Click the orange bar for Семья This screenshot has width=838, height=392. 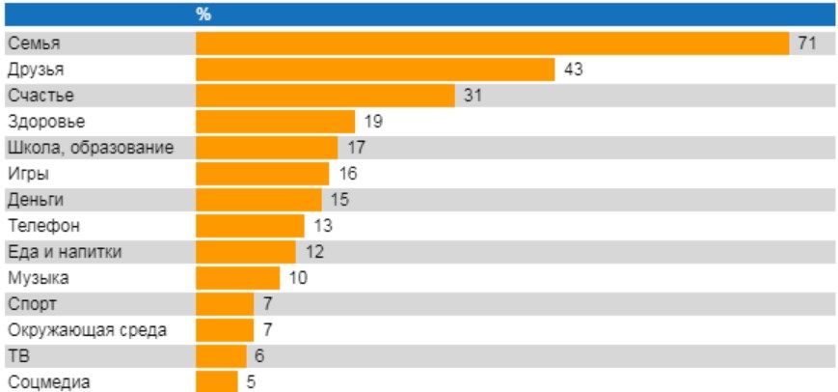click(492, 43)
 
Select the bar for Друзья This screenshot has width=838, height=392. click(375, 70)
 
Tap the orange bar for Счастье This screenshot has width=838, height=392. click(326, 96)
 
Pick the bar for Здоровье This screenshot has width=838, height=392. click(275, 122)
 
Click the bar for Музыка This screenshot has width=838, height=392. click(238, 278)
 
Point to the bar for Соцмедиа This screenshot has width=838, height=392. click(217, 381)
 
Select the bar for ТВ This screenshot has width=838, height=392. click(221, 356)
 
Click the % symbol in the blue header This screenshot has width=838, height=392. click(203, 15)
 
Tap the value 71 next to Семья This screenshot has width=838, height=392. click(807, 43)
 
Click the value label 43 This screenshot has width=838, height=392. click(574, 70)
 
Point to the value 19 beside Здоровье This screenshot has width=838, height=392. click(373, 122)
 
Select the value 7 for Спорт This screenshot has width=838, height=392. click(268, 304)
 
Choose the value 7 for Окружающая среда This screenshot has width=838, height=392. click(268, 330)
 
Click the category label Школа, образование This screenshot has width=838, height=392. click(91, 148)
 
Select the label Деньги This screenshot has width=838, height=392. click(36, 200)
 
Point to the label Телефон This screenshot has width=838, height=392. click(43, 226)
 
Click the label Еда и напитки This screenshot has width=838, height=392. click(65, 252)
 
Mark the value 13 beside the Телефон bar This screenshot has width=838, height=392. click(323, 226)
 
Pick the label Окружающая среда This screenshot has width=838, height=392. click(87, 330)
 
